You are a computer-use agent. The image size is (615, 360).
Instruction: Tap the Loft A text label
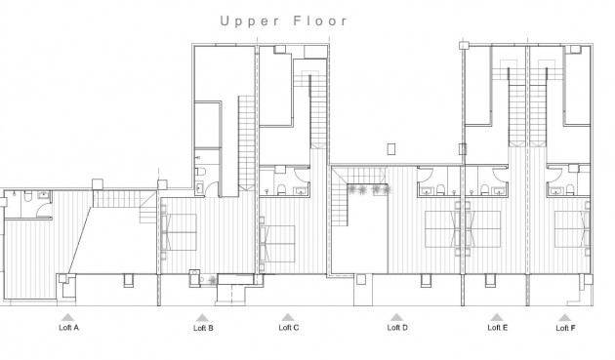point(67,328)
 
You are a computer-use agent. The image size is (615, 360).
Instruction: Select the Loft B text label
point(202,329)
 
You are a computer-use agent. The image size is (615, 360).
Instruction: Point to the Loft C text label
point(288,328)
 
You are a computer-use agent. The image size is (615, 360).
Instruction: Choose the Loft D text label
point(397,328)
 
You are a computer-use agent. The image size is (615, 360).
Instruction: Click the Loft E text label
point(497,328)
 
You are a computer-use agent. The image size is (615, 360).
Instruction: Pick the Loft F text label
point(565,329)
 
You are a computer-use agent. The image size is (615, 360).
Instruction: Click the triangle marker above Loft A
point(67,317)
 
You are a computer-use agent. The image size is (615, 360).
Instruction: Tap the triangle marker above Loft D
point(397,317)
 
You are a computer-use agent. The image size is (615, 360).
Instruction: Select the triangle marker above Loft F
point(565,317)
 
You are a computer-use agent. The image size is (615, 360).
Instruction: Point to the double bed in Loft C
point(277,237)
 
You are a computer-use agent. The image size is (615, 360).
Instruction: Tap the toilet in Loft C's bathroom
point(279,189)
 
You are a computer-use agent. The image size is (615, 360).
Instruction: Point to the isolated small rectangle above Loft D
point(391,149)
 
